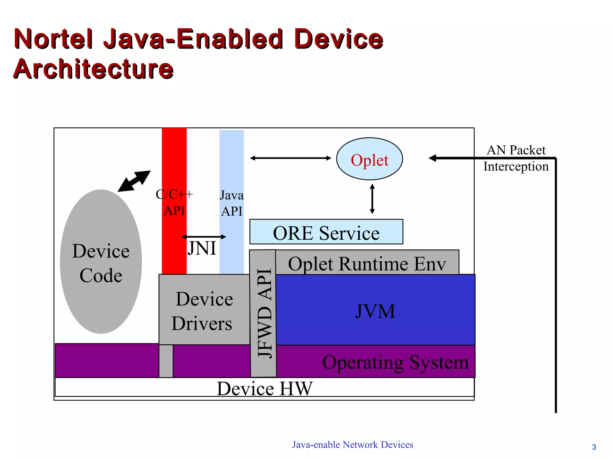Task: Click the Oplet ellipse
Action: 369,159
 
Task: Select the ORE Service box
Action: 326,232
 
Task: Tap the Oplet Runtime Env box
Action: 367,263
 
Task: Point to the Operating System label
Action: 395,362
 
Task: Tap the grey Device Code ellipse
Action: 101,262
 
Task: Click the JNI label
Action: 202,248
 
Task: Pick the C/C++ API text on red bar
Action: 174,203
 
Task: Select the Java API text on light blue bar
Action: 232,203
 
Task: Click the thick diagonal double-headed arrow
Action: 134,181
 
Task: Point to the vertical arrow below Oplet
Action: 372,199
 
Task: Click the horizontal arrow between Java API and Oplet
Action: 290,158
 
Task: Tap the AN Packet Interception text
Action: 516,158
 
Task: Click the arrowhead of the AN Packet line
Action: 432,158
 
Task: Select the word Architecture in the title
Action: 93,69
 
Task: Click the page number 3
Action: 594,447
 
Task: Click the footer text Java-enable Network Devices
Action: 353,445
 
